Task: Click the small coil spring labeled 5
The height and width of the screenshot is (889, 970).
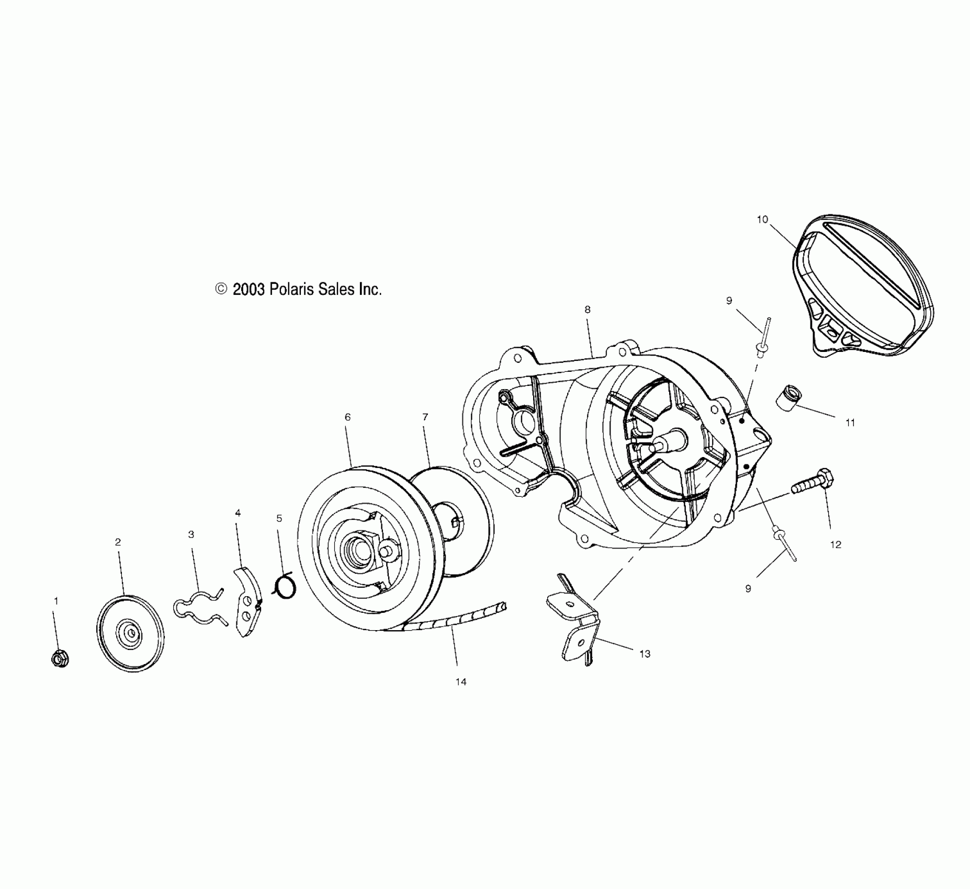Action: (286, 587)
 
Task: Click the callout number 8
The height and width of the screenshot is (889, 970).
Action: (587, 310)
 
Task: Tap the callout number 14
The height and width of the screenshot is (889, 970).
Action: (460, 682)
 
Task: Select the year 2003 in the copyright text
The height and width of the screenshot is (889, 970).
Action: (249, 289)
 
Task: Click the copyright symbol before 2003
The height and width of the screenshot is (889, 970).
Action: (221, 289)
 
